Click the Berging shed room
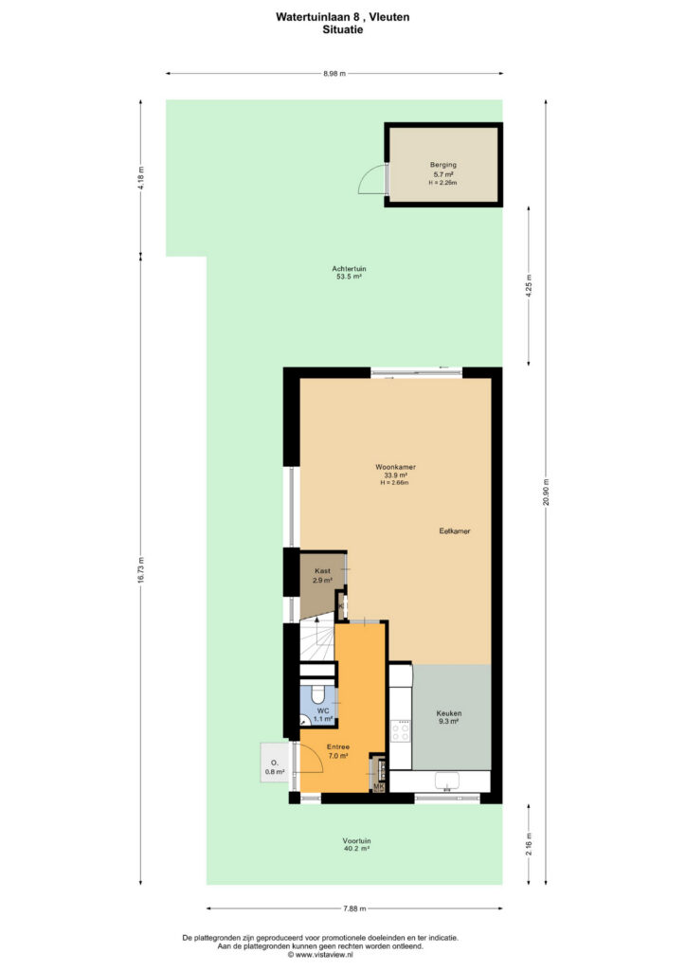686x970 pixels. [442, 165]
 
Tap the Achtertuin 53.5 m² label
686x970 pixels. [349, 273]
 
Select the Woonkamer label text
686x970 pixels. [395, 467]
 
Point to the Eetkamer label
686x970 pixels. [455, 530]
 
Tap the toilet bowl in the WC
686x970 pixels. [318, 694]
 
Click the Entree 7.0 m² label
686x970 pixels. [337, 751]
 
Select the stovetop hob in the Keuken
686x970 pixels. [400, 732]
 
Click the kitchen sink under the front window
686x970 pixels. [446, 781]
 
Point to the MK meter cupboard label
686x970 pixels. [379, 787]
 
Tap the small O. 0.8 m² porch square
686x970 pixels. [275, 763]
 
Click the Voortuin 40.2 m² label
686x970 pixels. [356, 844]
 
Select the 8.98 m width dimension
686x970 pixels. [334, 74]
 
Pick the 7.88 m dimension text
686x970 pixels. [354, 908]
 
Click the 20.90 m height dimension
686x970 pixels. [546, 493]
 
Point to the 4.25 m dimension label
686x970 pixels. [529, 286]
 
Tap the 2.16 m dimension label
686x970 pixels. [529, 844]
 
